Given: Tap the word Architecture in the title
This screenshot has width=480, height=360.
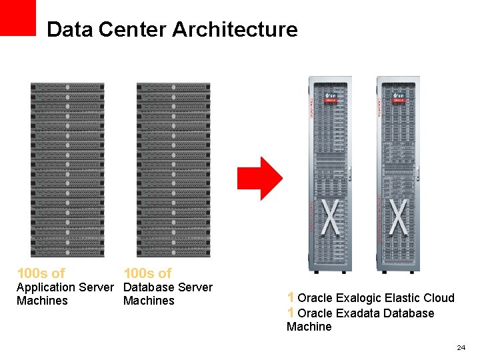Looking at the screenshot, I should pyautogui.click(x=235, y=29).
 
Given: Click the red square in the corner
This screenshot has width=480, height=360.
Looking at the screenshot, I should pyautogui.click(x=17, y=17).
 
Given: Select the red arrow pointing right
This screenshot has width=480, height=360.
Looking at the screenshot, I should pyautogui.click(x=260, y=178).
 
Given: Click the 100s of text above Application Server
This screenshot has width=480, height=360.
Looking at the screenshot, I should pyautogui.click(x=41, y=273).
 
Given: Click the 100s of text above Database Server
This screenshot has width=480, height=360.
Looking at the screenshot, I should pyautogui.click(x=147, y=273).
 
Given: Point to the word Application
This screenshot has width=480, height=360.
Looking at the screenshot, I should pyautogui.click(x=45, y=287).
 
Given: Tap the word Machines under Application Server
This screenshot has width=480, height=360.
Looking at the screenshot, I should pyautogui.click(x=42, y=301).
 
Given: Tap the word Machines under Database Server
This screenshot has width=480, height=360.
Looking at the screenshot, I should pyautogui.click(x=149, y=301).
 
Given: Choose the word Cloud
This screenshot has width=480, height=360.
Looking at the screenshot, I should pyautogui.click(x=441, y=298).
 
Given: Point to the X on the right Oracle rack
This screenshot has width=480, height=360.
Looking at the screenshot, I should pyautogui.click(x=398, y=217).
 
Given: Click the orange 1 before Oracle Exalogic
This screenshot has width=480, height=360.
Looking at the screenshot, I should pyautogui.click(x=291, y=297).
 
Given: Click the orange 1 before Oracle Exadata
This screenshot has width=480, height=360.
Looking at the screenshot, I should pyautogui.click(x=291, y=313).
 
